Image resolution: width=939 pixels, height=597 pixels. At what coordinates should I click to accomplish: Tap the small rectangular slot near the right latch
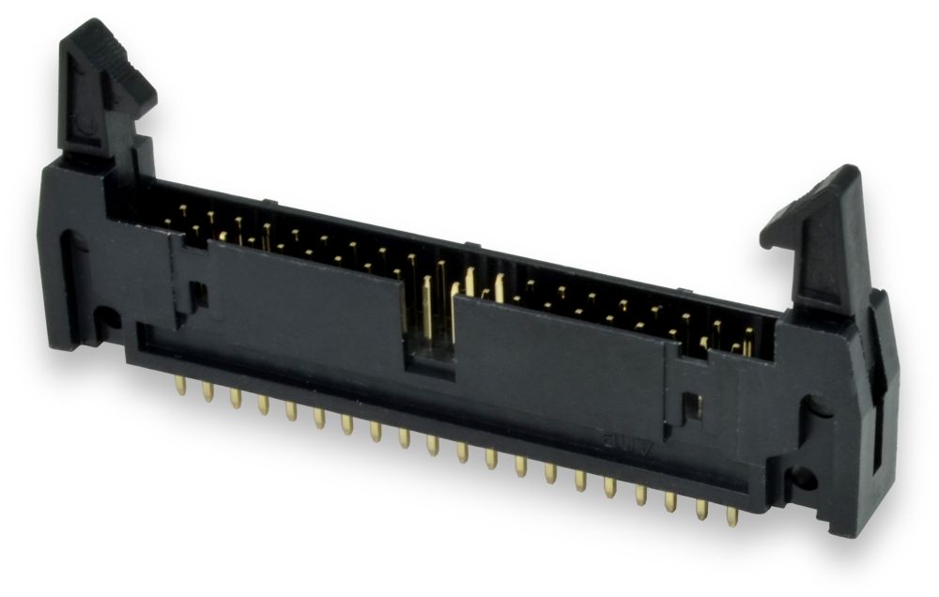[x=692, y=405]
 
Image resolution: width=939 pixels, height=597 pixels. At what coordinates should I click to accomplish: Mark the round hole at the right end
[x=803, y=479]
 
